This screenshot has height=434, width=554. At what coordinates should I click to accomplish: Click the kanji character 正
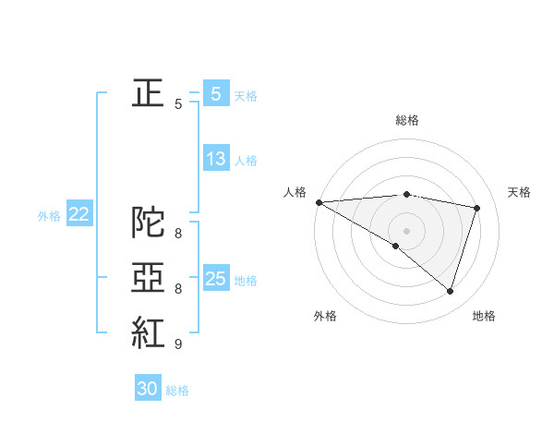[x=149, y=94]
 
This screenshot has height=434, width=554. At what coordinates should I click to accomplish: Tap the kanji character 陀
[x=149, y=223]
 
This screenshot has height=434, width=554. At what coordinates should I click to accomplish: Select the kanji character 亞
[x=149, y=278]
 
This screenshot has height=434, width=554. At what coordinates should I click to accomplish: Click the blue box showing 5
[x=215, y=94]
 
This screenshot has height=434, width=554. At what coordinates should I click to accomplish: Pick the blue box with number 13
[x=215, y=159]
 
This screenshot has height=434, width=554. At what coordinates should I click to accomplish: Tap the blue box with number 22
[x=78, y=214]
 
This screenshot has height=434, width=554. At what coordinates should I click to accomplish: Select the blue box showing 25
[x=215, y=279]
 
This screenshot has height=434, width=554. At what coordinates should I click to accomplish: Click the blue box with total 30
[x=148, y=389]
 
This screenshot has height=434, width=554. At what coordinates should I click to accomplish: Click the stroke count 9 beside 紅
[x=177, y=344]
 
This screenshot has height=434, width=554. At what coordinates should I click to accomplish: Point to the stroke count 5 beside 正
[x=177, y=104]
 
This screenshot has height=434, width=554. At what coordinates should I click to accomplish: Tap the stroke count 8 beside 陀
[x=177, y=234]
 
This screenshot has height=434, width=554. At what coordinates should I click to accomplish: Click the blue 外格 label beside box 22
[x=49, y=216]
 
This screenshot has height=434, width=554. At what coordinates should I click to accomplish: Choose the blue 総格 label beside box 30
[x=177, y=391]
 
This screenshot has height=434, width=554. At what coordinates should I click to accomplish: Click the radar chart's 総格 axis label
[x=406, y=120]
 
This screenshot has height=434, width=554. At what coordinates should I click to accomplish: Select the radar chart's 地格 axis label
[x=484, y=316]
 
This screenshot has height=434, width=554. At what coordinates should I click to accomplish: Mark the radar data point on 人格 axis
[x=319, y=201]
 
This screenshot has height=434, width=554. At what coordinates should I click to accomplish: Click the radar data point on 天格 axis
[x=477, y=208]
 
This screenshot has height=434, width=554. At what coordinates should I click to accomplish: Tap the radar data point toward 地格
[x=450, y=291]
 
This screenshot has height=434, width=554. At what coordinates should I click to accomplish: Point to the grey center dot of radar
[x=406, y=230]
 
